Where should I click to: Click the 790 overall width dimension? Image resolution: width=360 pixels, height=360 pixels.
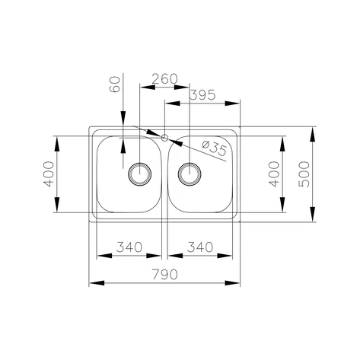pyautogui.click(x=165, y=275)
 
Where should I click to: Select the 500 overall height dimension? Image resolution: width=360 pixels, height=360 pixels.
pyautogui.click(x=304, y=174)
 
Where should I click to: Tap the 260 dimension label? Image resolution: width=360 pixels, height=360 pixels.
pyautogui.click(x=164, y=79)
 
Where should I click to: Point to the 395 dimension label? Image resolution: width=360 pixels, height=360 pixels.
pyautogui.click(x=202, y=95)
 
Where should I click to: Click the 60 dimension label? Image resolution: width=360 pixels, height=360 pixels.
pyautogui.click(x=114, y=84)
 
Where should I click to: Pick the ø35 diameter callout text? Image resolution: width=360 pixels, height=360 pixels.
pyautogui.click(x=214, y=148)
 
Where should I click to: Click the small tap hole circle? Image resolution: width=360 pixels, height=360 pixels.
pyautogui.click(x=164, y=138)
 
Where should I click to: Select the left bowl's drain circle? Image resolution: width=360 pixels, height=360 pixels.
pyautogui.click(x=140, y=174)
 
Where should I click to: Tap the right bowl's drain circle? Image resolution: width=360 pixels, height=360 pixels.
pyautogui.click(x=190, y=174)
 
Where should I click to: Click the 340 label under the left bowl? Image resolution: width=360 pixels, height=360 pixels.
pyautogui.click(x=129, y=247)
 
